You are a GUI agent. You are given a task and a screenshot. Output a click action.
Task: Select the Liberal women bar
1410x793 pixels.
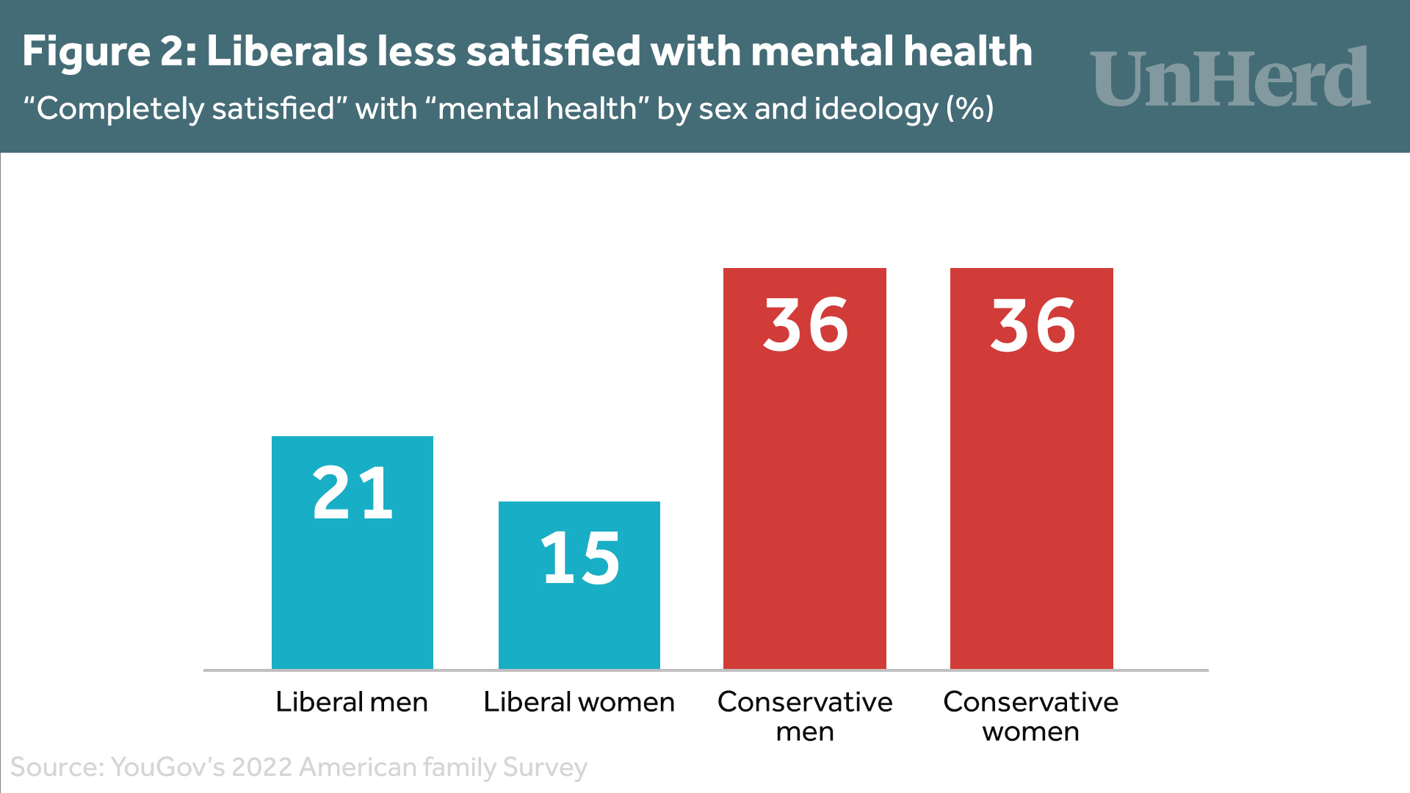(x=579, y=624)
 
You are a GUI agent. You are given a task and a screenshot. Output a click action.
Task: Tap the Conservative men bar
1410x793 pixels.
(x=805, y=499)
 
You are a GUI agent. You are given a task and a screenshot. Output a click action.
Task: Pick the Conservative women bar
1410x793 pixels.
(x=1032, y=499)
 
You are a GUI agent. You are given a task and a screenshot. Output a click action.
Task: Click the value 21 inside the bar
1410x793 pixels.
(x=352, y=493)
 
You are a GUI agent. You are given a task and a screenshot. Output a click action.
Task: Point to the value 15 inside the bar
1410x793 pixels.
(x=580, y=558)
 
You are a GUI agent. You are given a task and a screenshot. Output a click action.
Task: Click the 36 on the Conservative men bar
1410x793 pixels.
(x=806, y=325)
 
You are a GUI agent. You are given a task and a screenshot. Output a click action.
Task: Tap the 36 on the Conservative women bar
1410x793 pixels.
(x=1033, y=325)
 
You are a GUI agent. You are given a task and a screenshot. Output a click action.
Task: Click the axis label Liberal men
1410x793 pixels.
(x=352, y=702)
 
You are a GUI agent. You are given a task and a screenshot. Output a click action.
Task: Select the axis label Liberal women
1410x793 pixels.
(x=579, y=702)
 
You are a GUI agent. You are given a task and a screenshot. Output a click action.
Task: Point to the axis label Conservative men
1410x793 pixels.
(x=805, y=716)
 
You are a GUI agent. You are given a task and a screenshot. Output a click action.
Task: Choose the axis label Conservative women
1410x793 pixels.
(x=1031, y=716)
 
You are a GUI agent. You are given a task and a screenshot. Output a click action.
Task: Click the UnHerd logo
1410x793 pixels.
(x=1230, y=77)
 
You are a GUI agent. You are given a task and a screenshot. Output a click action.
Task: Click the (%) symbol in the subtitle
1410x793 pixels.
(x=970, y=109)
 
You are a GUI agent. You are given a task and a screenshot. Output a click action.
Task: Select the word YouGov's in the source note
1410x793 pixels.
(x=168, y=767)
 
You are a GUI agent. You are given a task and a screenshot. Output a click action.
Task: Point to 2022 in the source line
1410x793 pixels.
(x=263, y=767)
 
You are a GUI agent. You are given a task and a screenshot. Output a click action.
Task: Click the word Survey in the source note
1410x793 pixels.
(x=545, y=767)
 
